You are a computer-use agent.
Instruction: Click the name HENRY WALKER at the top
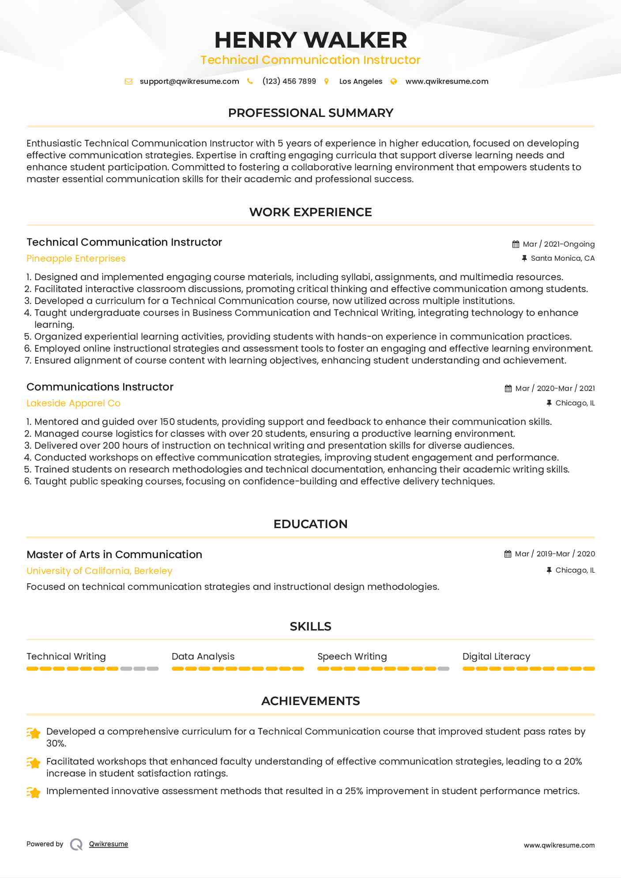pyautogui.click(x=310, y=40)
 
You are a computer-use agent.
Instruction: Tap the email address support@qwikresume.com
pyautogui.click(x=189, y=81)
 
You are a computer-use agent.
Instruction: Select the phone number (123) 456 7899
pyautogui.click(x=289, y=81)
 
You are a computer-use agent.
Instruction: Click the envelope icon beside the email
pyautogui.click(x=128, y=81)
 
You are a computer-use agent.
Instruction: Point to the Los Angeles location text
pyautogui.click(x=361, y=81)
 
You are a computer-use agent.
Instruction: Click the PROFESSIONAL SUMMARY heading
pyautogui.click(x=310, y=113)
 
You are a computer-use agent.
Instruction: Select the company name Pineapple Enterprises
pyautogui.click(x=76, y=259)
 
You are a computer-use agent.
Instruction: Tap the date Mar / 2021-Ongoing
pyautogui.click(x=558, y=244)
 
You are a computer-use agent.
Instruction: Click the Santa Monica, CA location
pyautogui.click(x=562, y=258)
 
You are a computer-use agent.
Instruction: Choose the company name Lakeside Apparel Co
pyautogui.click(x=73, y=403)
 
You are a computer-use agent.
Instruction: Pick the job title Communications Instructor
pyautogui.click(x=100, y=387)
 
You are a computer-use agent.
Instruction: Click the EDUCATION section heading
pyautogui.click(x=310, y=524)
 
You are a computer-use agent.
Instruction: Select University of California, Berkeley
pyautogui.click(x=99, y=571)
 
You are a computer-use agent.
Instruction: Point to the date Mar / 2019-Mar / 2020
pyautogui.click(x=555, y=554)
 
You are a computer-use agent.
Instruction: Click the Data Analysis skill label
pyautogui.click(x=203, y=657)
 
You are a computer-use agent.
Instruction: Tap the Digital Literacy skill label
pyautogui.click(x=496, y=657)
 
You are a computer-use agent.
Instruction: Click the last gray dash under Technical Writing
pyautogui.click(x=153, y=669)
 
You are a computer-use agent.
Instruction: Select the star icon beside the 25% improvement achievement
pyautogui.click(x=34, y=792)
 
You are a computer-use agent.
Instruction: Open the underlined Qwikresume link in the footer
pyautogui.click(x=109, y=844)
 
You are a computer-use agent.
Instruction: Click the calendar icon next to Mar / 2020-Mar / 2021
pyautogui.click(x=508, y=388)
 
